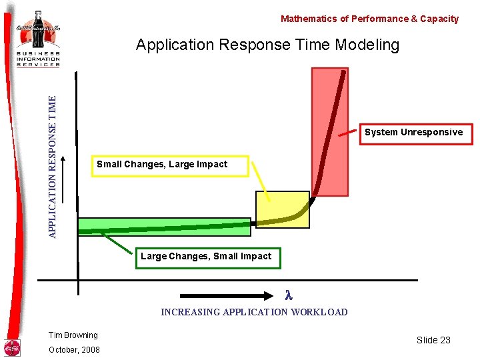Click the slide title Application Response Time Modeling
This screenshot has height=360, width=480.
pos(267,45)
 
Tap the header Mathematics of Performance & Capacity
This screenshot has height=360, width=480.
pos(369,19)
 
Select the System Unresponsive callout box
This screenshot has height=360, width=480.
pos(413,132)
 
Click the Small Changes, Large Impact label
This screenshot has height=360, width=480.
pos(162,164)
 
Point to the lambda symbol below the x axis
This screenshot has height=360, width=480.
pos(289,295)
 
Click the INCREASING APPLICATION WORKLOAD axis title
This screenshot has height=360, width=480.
pos(254,312)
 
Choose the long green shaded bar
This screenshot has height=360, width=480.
pos(163,227)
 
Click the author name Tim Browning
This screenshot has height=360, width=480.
pos(73,335)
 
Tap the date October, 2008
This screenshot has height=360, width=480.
pos(74,350)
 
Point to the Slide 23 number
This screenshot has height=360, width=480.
pos(433,340)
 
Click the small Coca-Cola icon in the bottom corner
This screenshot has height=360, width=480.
pos(12,348)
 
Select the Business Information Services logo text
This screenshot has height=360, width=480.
pos(39,59)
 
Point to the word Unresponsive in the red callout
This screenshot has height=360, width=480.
pos(431,132)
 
